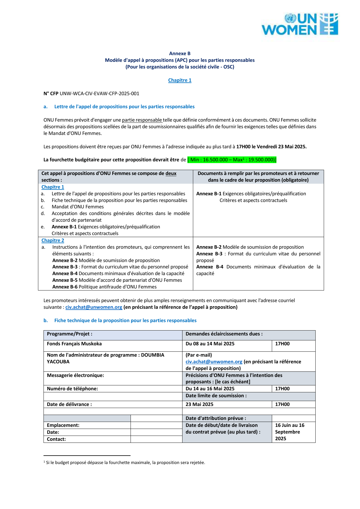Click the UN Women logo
click(x=300, y=24)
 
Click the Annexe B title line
click(x=180, y=53)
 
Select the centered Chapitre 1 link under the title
click(x=180, y=80)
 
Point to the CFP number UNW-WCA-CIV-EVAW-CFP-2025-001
click(x=99, y=93)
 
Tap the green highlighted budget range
click(x=232, y=160)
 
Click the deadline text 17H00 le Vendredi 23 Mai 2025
click(x=271, y=147)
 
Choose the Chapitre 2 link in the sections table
click(x=53, y=240)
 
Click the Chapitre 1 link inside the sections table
click(x=53, y=187)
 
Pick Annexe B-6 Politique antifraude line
click(x=104, y=287)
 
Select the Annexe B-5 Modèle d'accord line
click(x=117, y=280)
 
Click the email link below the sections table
click(x=94, y=307)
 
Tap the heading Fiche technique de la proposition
click(x=125, y=320)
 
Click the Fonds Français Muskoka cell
click(x=74, y=344)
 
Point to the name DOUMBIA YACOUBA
click(x=106, y=358)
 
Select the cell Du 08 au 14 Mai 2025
click(x=210, y=344)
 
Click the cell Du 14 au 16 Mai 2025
click(x=210, y=389)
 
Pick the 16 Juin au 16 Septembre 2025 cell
click(x=290, y=432)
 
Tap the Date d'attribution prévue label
click(x=216, y=418)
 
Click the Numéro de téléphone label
click(x=73, y=389)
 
